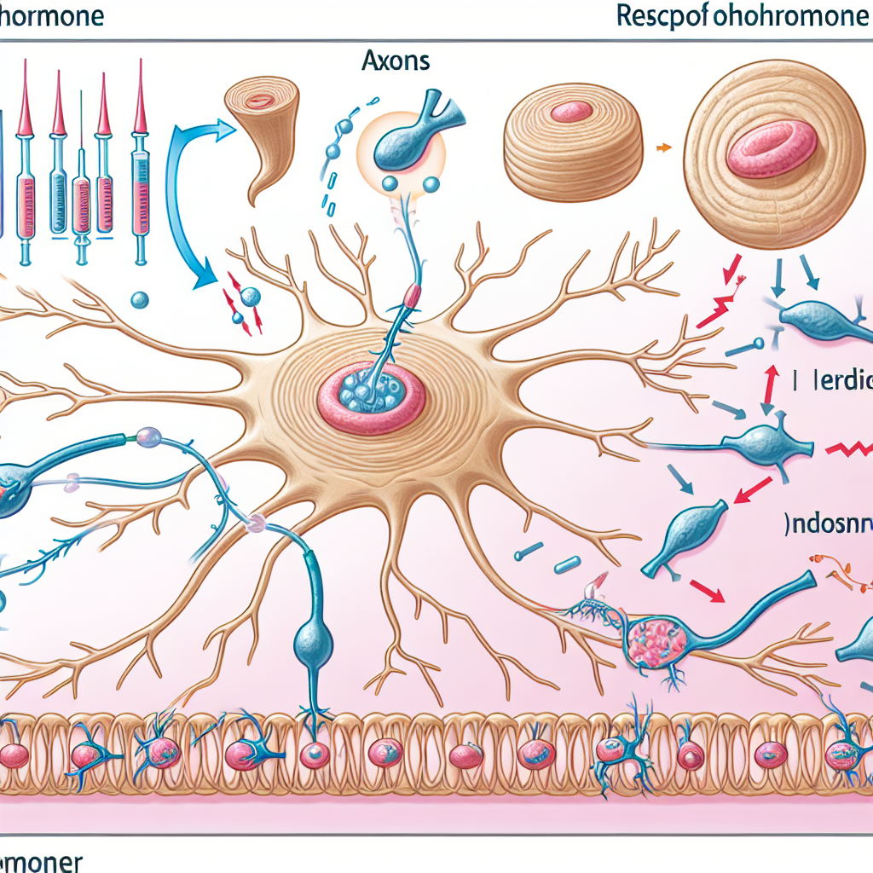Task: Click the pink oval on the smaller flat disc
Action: tap(570, 111)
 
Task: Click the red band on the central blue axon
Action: tap(413, 296)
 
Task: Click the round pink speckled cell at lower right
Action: tap(656, 639)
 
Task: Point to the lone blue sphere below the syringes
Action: tap(141, 300)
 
